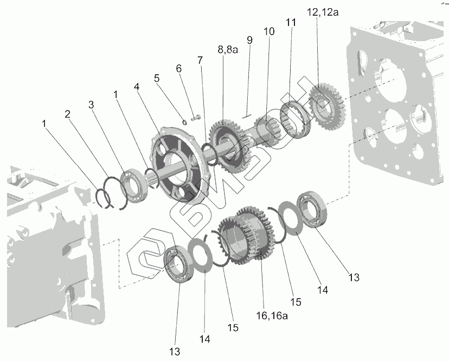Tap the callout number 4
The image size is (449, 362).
(x=137, y=87)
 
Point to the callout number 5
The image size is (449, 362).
(x=157, y=77)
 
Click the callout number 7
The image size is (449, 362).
(x=200, y=60)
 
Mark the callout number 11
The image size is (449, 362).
(x=292, y=23)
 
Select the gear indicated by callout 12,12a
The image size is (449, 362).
(x=324, y=106)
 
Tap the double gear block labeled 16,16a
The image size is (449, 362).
(x=242, y=235)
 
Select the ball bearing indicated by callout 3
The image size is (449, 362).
(x=132, y=184)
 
